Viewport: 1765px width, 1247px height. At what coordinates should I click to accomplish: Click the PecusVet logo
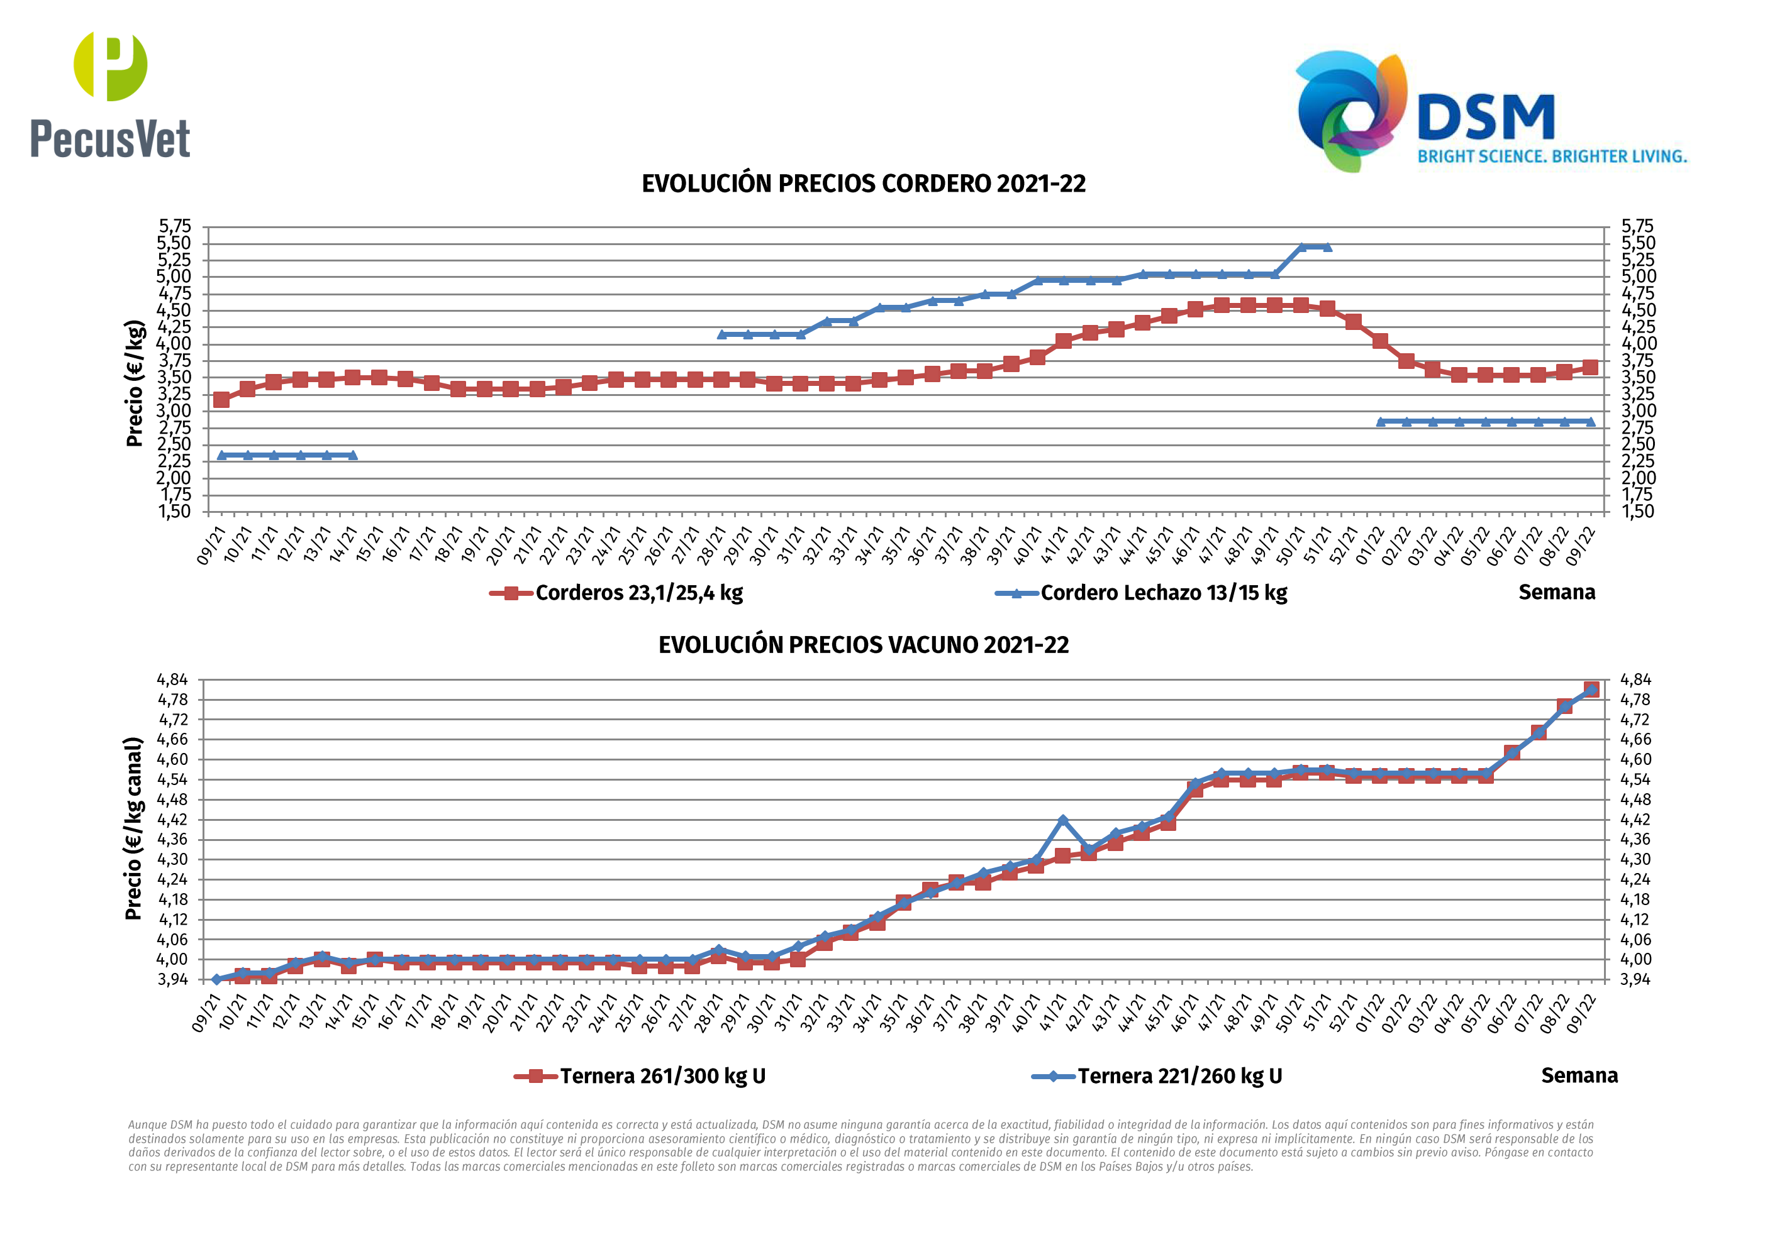(110, 94)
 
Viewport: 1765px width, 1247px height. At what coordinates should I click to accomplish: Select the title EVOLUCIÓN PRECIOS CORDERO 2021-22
(863, 184)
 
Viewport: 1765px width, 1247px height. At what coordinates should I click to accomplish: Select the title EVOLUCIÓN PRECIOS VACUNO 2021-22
(863, 645)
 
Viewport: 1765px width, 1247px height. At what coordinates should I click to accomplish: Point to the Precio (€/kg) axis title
(135, 383)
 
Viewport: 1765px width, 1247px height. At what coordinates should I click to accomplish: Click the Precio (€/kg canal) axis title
(134, 828)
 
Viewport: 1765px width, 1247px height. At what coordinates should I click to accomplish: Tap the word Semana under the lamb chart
(1557, 592)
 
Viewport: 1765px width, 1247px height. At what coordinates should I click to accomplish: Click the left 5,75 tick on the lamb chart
(174, 226)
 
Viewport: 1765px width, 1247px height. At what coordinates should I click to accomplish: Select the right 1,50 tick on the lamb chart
(1637, 512)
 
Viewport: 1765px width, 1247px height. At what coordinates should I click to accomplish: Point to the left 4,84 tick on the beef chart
(172, 680)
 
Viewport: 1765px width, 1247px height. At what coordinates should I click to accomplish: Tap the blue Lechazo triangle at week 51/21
(1327, 246)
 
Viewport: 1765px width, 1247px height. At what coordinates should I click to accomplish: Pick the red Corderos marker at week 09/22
(1591, 367)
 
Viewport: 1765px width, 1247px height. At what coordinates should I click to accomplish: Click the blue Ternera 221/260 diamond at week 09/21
(217, 980)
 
